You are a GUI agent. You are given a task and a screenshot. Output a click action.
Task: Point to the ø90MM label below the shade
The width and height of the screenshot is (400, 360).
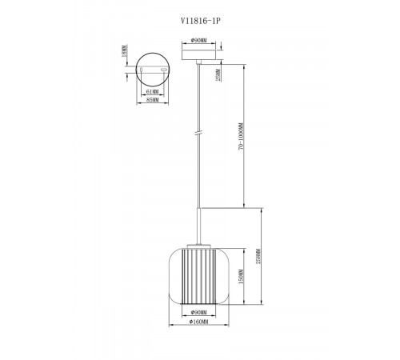click(198, 314)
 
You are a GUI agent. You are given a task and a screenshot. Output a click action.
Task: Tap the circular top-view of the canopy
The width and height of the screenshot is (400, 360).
click(150, 69)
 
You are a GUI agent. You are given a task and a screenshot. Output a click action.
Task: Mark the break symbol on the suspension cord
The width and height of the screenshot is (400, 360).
click(198, 133)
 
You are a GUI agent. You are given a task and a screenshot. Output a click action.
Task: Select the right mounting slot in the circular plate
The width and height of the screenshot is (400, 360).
click(163, 70)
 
